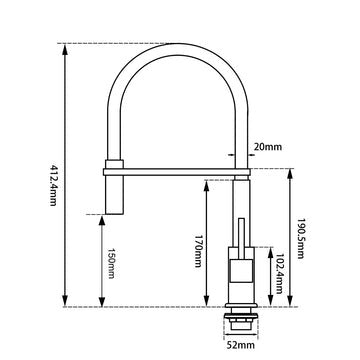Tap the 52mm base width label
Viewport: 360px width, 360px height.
[x=240, y=347]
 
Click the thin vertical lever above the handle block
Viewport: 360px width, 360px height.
[x=241, y=228]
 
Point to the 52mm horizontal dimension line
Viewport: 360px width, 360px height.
[x=240, y=335]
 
